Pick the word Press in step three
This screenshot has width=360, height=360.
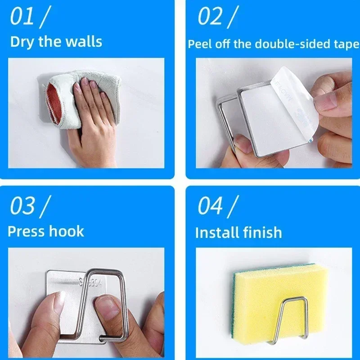coord(27,231)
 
